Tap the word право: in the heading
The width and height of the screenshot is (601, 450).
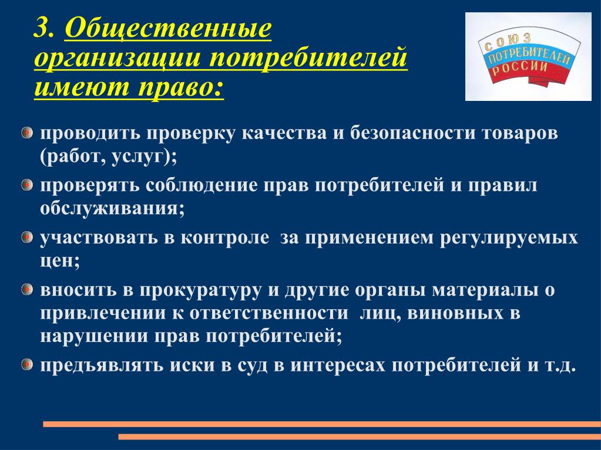pyautogui.click(x=180, y=87)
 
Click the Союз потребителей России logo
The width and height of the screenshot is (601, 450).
pyautogui.click(x=528, y=57)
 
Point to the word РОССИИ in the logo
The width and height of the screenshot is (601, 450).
pyautogui.click(x=520, y=69)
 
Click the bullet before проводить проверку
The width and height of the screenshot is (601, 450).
pyautogui.click(x=26, y=133)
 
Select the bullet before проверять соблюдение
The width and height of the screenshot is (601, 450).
pyautogui.click(x=26, y=185)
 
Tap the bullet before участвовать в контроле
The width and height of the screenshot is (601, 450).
pyautogui.click(x=26, y=237)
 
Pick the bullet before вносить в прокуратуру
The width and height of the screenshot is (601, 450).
pyautogui.click(x=26, y=289)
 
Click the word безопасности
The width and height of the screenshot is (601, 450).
pyautogui.click(x=411, y=133)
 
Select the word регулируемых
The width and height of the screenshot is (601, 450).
pyautogui.click(x=509, y=239)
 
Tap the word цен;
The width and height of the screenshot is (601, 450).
pyautogui.click(x=60, y=262)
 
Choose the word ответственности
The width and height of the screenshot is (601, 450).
pyautogui.click(x=269, y=313)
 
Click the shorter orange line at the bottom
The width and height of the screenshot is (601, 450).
pyautogui.click(x=360, y=437)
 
